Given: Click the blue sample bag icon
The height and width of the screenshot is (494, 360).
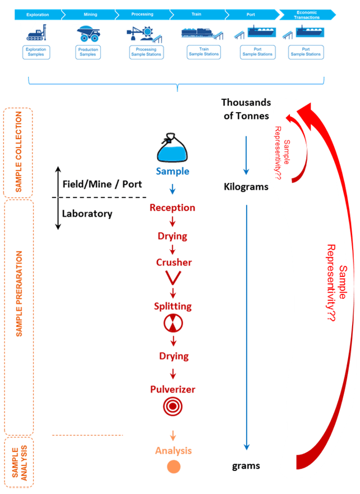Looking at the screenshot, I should pyautogui.click(x=172, y=150).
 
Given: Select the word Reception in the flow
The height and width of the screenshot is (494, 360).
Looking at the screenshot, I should pyautogui.click(x=172, y=208).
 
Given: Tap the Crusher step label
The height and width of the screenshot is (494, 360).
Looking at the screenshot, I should pyautogui.click(x=173, y=262).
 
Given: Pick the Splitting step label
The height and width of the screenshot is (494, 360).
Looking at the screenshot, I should pyautogui.click(x=173, y=306).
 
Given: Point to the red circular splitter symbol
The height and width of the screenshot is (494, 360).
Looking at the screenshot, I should pyautogui.click(x=173, y=322).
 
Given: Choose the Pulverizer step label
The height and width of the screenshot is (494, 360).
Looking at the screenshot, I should pyautogui.click(x=173, y=389).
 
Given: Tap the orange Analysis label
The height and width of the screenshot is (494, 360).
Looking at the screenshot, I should pyautogui.click(x=173, y=450).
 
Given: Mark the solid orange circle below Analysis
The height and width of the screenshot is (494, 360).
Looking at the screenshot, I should pyautogui.click(x=173, y=467).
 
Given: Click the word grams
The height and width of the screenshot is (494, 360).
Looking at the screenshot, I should pyautogui.click(x=246, y=466).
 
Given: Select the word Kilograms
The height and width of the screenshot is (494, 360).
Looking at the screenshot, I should pyautogui.click(x=246, y=187).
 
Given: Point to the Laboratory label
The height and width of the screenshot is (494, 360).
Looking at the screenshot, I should pyautogui.click(x=87, y=214).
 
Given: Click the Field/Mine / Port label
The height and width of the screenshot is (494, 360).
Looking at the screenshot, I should pyautogui.click(x=102, y=184).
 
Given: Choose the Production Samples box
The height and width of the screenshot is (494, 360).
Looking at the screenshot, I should pyautogui.click(x=88, y=52).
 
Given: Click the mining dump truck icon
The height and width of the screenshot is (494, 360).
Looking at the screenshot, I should pyautogui.click(x=89, y=34).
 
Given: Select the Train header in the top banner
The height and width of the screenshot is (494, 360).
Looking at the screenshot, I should pyautogui.click(x=196, y=14).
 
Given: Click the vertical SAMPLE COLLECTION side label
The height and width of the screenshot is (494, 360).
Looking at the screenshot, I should pyautogui.click(x=19, y=152).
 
